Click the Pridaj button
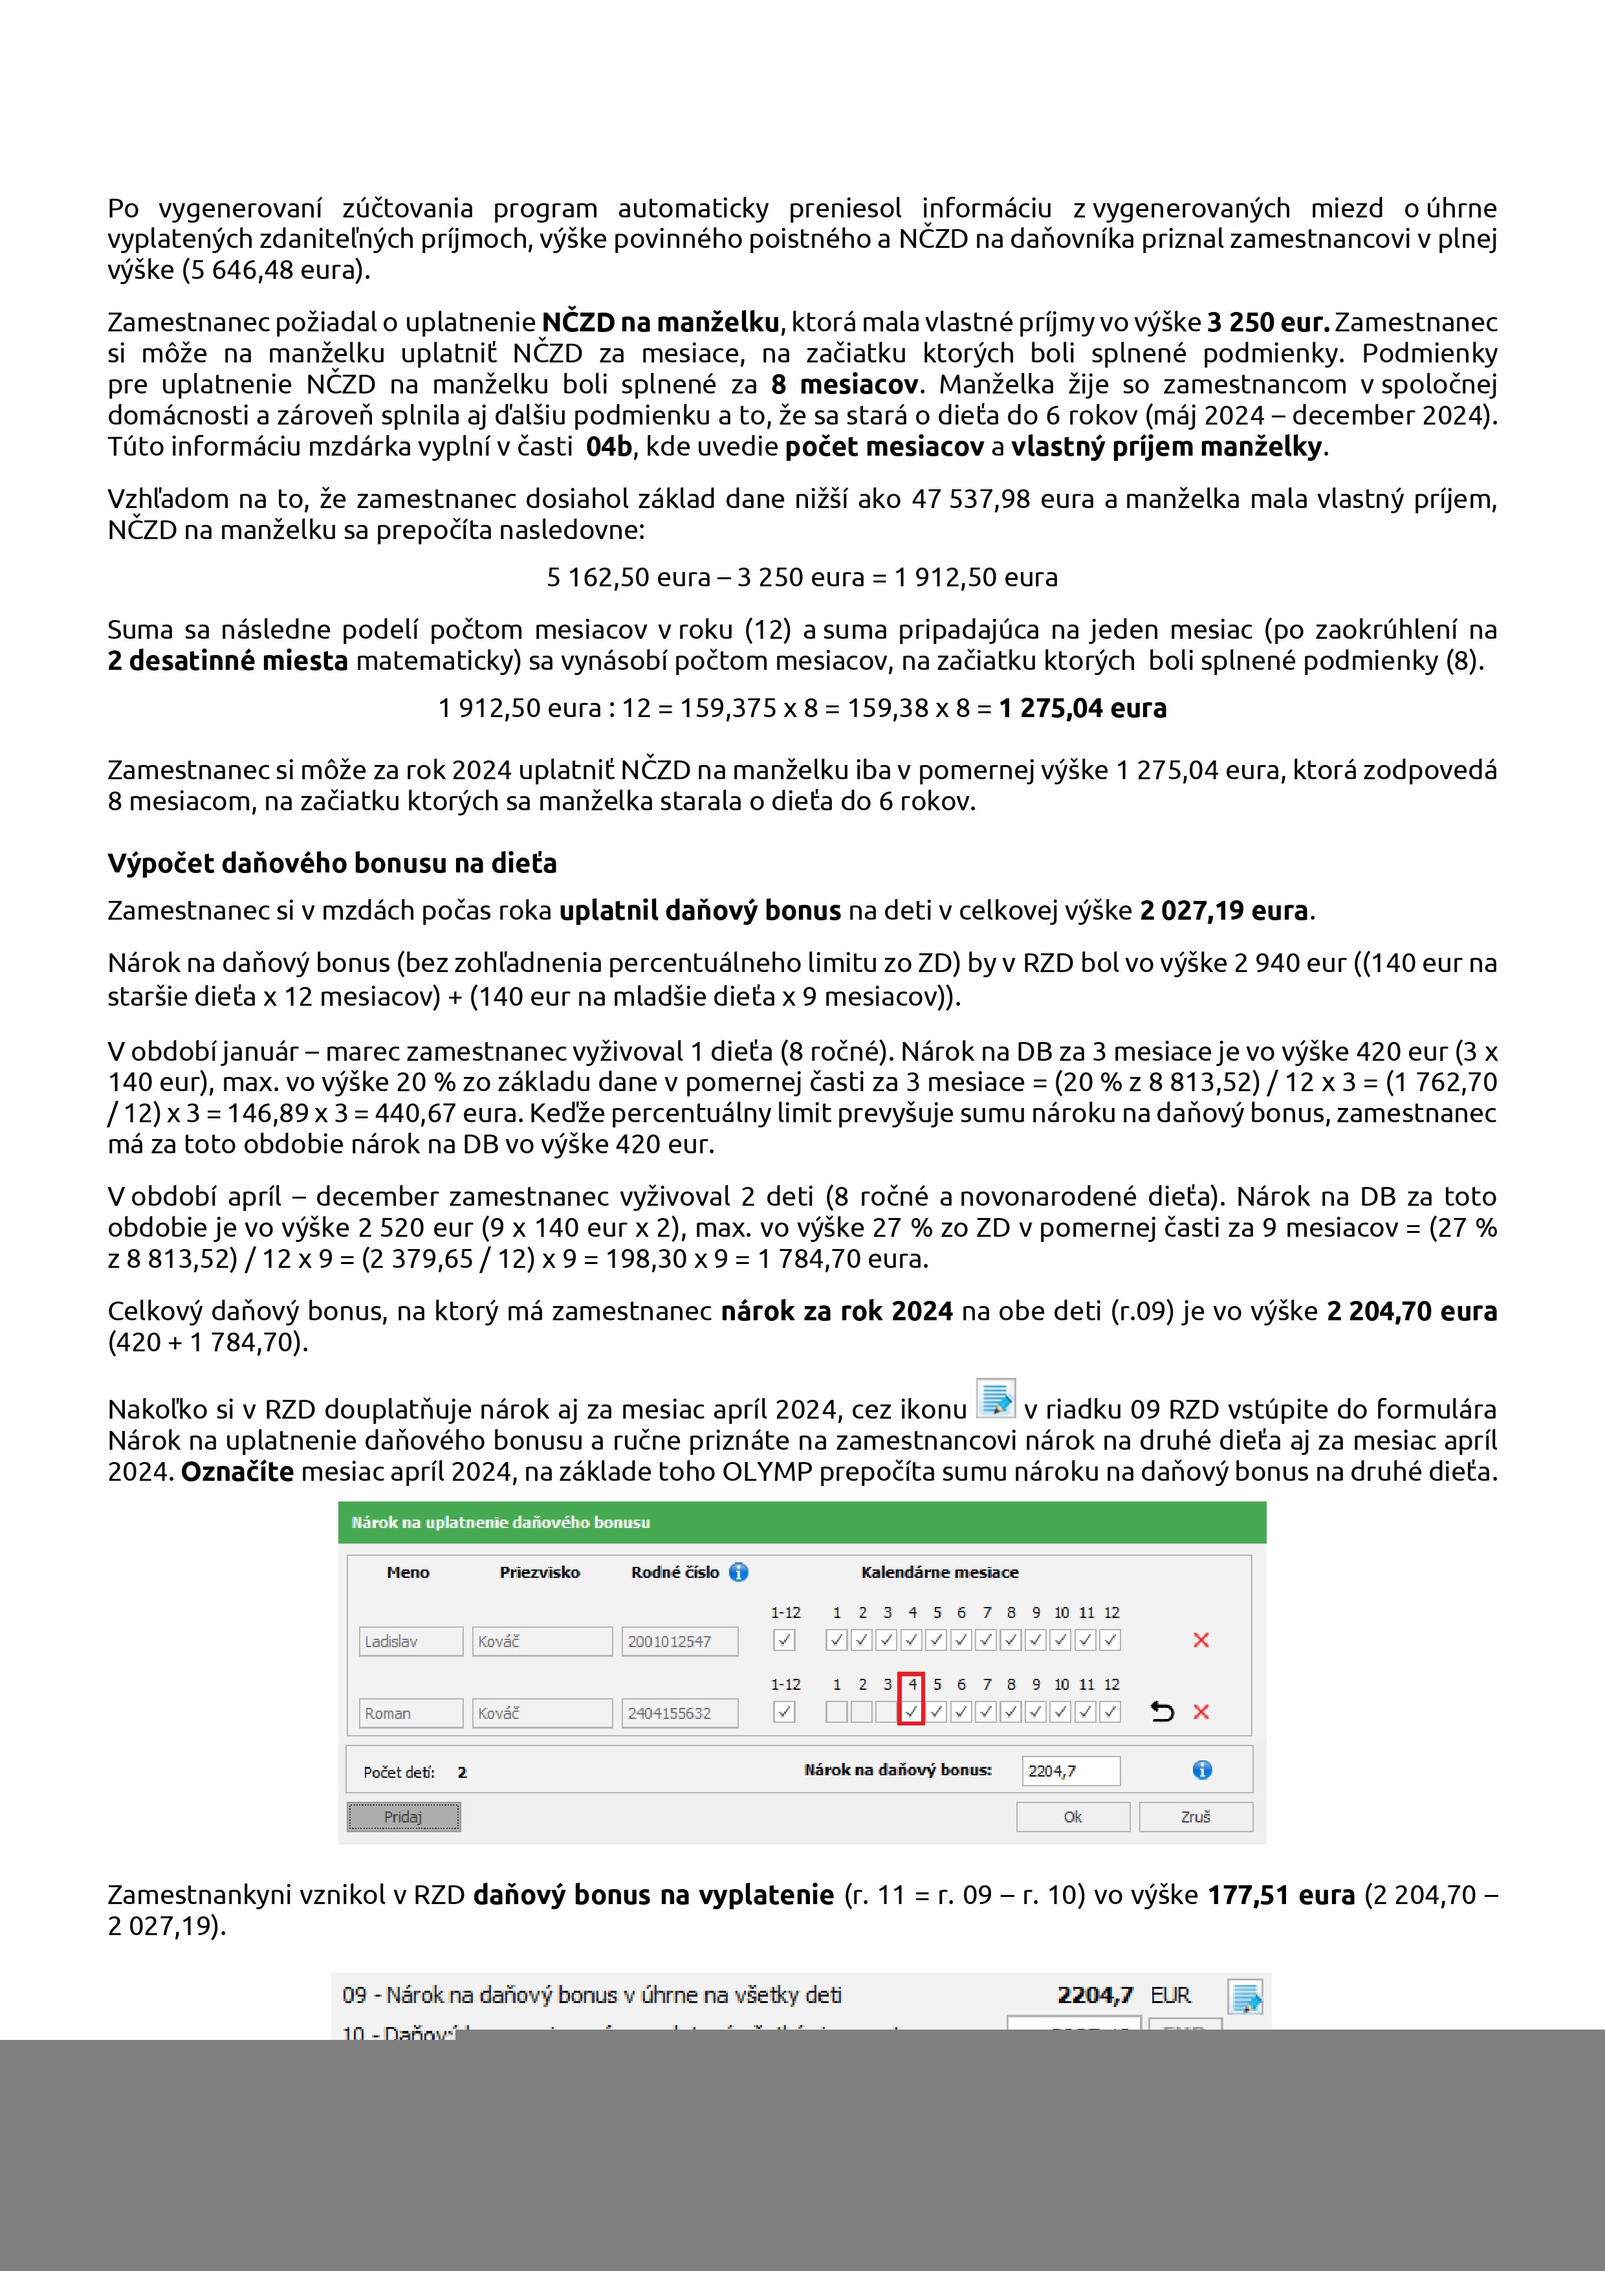point(404,1817)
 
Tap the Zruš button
point(1195,1817)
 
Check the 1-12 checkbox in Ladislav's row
point(784,1640)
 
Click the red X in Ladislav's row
point(1201,1640)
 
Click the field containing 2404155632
point(679,1713)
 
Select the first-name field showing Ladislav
point(410,1641)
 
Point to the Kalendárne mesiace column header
point(939,1571)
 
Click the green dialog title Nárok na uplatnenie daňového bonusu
point(501,1522)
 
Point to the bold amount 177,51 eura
point(1281,1895)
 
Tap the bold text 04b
point(608,447)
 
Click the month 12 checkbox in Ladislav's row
point(1111,1640)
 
